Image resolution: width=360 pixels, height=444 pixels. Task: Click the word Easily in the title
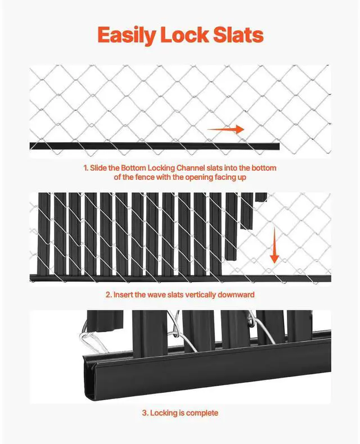point(127,35)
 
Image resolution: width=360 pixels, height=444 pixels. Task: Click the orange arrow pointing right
point(226,129)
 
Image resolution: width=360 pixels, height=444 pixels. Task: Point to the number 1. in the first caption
point(86,168)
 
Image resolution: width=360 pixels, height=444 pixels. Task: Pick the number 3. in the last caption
point(145,413)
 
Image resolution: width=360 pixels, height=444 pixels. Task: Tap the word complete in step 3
point(202,413)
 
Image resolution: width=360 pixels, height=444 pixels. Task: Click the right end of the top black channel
point(277,146)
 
